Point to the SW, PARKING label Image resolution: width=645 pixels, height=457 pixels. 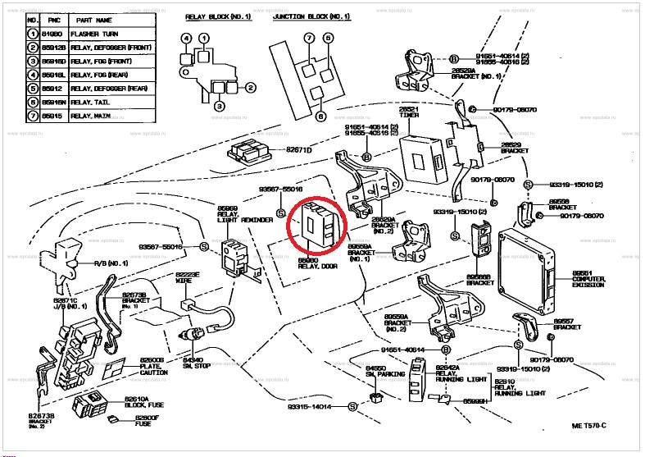click(380, 374)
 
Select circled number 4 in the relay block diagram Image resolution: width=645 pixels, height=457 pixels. click(186, 39)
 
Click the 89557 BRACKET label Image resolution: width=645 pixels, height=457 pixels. click(566, 323)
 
